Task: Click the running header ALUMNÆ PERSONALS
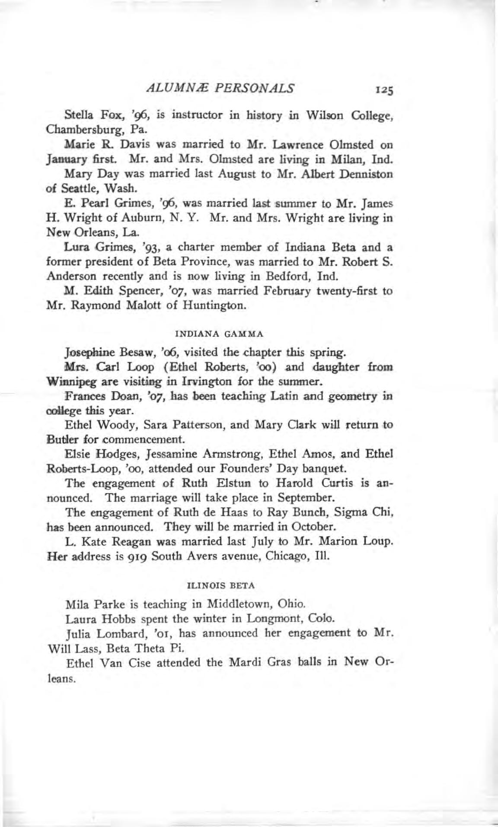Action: click(221, 88)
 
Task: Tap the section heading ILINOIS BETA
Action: click(220, 586)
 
